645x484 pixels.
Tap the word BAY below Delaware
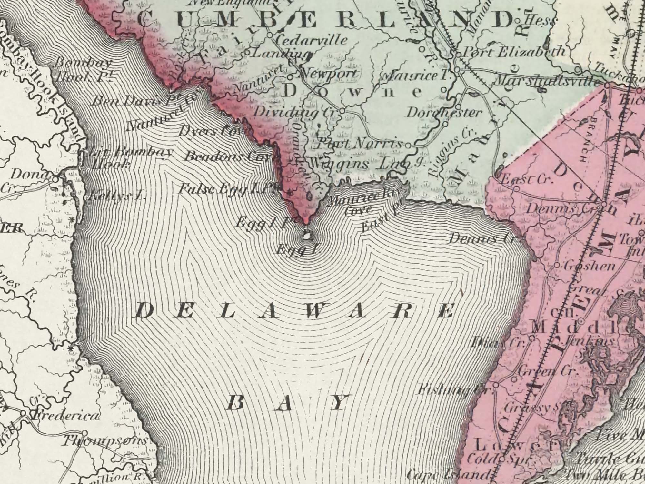point(287,403)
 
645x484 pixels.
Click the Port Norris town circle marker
point(408,146)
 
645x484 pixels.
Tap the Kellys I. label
point(118,195)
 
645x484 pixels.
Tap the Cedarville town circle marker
point(270,34)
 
